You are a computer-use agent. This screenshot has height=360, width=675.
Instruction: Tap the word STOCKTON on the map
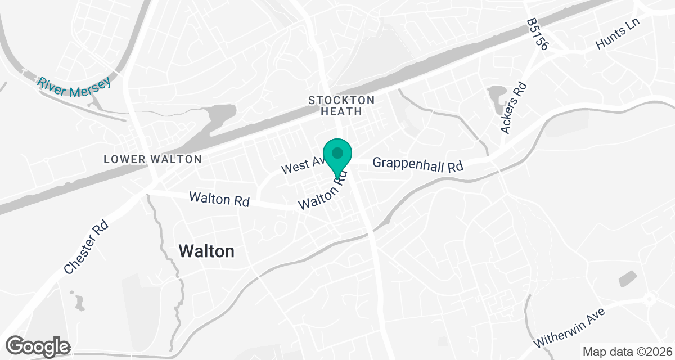(341, 100)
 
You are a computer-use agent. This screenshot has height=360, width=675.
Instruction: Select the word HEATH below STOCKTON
(341, 111)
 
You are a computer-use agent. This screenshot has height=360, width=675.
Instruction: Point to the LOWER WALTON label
(152, 159)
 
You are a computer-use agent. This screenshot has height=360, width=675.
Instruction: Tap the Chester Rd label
(86, 247)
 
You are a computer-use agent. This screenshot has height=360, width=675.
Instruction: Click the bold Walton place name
(206, 251)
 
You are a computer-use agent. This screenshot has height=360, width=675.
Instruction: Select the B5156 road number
(537, 34)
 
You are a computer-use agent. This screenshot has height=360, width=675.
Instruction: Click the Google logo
(38, 346)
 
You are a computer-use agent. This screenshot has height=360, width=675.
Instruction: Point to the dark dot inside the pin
(337, 152)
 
